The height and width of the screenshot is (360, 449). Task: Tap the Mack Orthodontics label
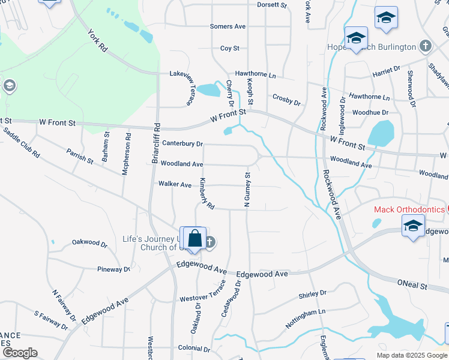point(408,209)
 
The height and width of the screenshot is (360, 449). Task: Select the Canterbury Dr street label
point(182,144)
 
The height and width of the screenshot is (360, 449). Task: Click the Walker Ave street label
point(175,184)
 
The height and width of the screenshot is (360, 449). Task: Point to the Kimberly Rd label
point(207,193)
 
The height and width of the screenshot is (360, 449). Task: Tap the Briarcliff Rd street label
point(155,144)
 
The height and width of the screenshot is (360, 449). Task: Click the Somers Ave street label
point(228,26)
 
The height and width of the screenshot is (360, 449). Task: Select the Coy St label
point(230,48)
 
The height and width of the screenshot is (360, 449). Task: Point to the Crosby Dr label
point(286,99)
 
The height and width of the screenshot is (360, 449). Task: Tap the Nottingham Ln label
point(305,319)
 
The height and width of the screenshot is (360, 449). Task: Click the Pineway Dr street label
point(113,269)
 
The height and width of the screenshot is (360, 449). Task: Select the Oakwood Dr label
point(89,244)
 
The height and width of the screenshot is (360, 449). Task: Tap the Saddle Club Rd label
point(22,142)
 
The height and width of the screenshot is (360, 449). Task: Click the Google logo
point(20,353)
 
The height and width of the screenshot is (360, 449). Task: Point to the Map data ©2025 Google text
point(411,355)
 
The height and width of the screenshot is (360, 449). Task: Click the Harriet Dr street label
point(386,70)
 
